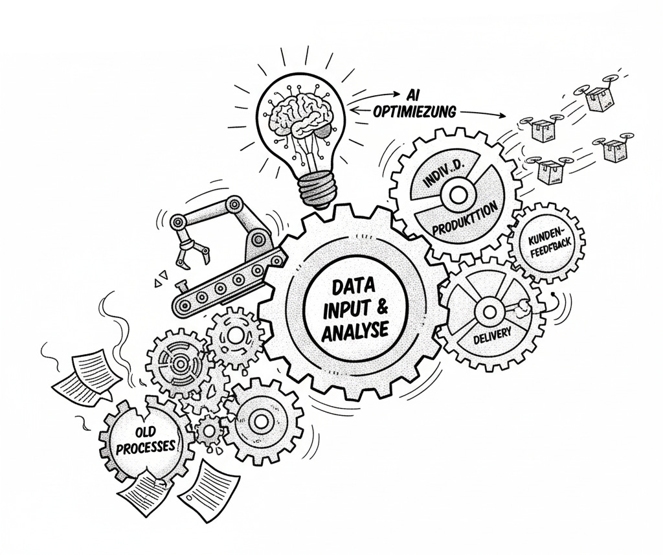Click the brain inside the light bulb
(x=299, y=121)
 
